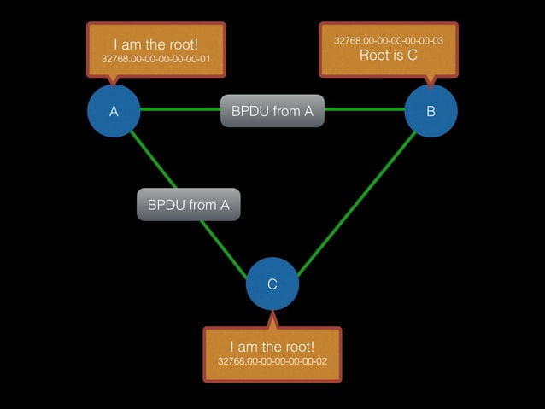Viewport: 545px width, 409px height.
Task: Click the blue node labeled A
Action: pyautogui.click(x=114, y=110)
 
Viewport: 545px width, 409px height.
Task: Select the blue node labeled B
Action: pyautogui.click(x=431, y=110)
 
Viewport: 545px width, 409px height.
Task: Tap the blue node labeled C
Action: pyautogui.click(x=272, y=284)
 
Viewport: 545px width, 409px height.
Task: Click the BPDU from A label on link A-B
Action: pyautogui.click(x=272, y=111)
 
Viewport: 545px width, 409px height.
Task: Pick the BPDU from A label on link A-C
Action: pyautogui.click(x=189, y=205)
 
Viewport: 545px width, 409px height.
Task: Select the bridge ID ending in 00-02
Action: pyautogui.click(x=272, y=362)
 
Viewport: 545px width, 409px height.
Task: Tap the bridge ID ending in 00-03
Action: pyautogui.click(x=388, y=40)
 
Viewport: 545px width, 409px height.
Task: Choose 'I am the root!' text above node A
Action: pyautogui.click(x=156, y=44)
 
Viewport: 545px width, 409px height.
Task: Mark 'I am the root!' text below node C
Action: pyautogui.click(x=272, y=347)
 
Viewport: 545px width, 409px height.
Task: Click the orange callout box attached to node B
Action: pyautogui.click(x=388, y=49)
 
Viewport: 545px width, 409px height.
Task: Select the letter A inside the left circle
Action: pyautogui.click(x=114, y=111)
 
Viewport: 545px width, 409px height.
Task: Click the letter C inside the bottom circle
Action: pyautogui.click(x=272, y=284)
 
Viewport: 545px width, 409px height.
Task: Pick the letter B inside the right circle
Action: pyautogui.click(x=431, y=111)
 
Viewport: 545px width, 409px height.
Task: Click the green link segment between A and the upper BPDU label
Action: pyautogui.click(x=179, y=109)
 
